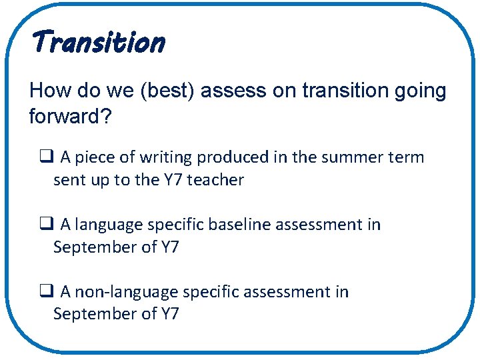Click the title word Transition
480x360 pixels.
[x=97, y=43]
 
